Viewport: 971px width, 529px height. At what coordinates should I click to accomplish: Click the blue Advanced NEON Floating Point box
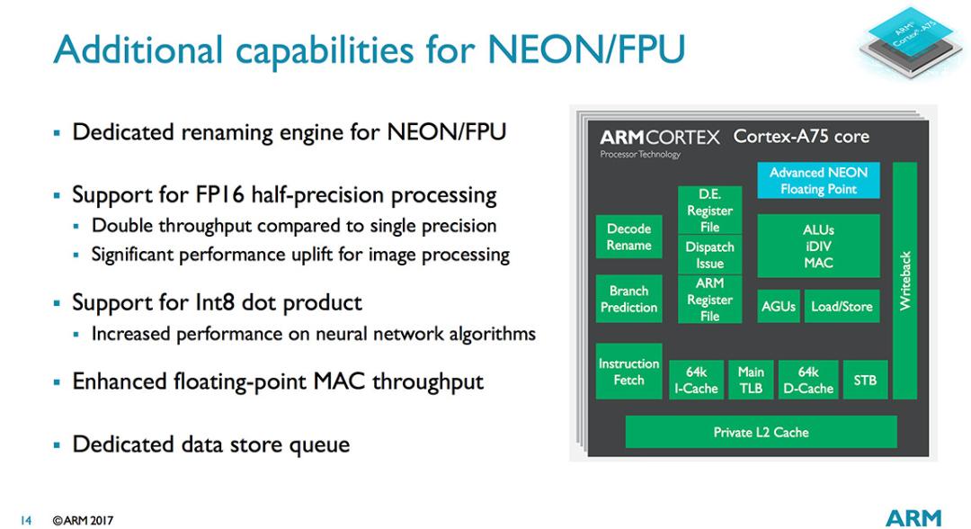(x=818, y=180)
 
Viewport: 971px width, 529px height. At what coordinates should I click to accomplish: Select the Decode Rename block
(x=628, y=237)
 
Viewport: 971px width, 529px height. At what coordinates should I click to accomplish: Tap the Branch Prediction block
(x=628, y=299)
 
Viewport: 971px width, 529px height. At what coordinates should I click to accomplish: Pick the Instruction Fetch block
(x=628, y=371)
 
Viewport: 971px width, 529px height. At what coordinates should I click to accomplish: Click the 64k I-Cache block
(x=696, y=380)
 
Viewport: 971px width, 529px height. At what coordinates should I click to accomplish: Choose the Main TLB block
(x=751, y=380)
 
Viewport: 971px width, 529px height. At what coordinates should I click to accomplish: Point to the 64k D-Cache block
(x=808, y=380)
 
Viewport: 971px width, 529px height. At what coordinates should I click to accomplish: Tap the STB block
(x=865, y=380)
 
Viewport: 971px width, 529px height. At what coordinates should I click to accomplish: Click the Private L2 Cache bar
(x=762, y=432)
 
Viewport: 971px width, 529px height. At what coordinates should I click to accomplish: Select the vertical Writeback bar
(x=904, y=281)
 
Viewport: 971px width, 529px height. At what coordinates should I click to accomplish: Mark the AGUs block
(x=779, y=306)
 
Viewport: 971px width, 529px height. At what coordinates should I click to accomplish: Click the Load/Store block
(x=842, y=306)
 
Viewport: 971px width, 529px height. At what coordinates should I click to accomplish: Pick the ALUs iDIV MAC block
(x=818, y=246)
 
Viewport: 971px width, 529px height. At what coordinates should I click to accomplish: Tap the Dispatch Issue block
(x=709, y=255)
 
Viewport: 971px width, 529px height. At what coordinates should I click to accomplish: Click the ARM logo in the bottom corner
(x=913, y=517)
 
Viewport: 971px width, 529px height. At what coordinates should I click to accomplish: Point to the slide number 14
(x=25, y=520)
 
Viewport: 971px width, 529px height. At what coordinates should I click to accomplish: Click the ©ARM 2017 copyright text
(x=83, y=520)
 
